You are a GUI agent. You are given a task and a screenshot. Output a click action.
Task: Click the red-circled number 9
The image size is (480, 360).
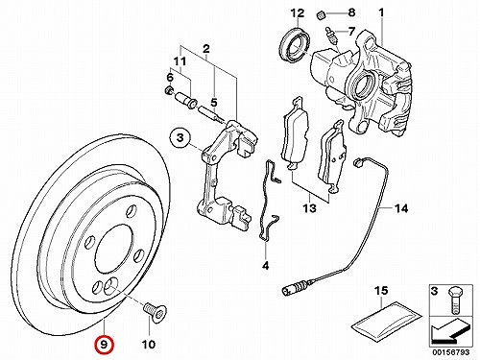click(104, 345)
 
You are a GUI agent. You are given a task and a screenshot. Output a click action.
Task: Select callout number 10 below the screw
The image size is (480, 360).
click(149, 345)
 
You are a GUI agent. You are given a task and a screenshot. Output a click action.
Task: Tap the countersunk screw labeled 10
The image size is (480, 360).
click(155, 312)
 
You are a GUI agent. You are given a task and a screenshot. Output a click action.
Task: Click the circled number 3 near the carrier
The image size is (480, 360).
click(180, 138)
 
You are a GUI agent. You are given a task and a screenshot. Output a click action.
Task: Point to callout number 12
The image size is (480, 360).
click(298, 13)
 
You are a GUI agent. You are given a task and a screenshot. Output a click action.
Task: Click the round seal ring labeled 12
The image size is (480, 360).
click(295, 45)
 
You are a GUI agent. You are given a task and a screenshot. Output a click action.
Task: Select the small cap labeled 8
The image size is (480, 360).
click(321, 14)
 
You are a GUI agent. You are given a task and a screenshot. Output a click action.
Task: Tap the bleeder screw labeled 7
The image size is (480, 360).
click(330, 36)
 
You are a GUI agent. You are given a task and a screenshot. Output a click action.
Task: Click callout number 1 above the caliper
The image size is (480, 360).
click(381, 13)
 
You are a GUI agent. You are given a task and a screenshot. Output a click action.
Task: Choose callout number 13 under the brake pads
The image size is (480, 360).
click(310, 208)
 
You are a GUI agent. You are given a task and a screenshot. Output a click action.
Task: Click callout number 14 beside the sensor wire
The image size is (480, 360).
click(401, 208)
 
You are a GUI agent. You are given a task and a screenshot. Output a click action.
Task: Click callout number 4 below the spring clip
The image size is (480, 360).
click(265, 265)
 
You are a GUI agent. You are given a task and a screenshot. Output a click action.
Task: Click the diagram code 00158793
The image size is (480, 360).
click(451, 352)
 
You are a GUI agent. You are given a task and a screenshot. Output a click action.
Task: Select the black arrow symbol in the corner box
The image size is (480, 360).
click(450, 332)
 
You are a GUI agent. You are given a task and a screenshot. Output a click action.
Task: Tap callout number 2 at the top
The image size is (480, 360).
click(206, 49)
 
